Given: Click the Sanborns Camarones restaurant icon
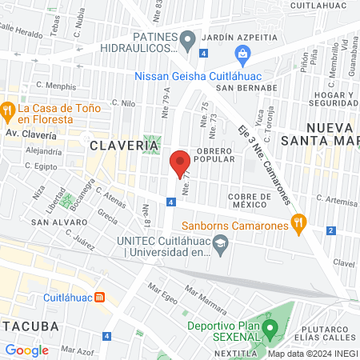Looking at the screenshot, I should coord(299,225).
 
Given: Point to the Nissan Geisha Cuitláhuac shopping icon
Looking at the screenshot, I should coord(242,54).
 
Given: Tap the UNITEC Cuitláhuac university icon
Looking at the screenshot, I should coord(221,252).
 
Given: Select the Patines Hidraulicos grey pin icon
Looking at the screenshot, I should coord(188,38).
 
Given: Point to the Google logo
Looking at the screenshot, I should coord(26,350).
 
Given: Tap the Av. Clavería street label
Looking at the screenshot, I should coord(31,134).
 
